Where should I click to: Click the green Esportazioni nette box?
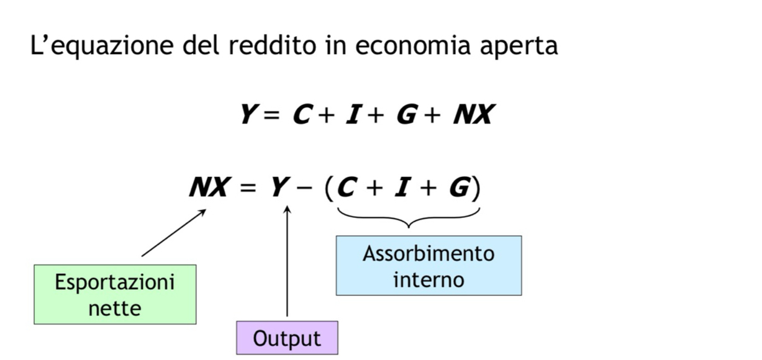tap(115, 294)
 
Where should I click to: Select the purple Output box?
tap(287, 338)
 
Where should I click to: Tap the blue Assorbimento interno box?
tap(429, 266)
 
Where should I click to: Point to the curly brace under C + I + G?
tap(409, 218)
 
